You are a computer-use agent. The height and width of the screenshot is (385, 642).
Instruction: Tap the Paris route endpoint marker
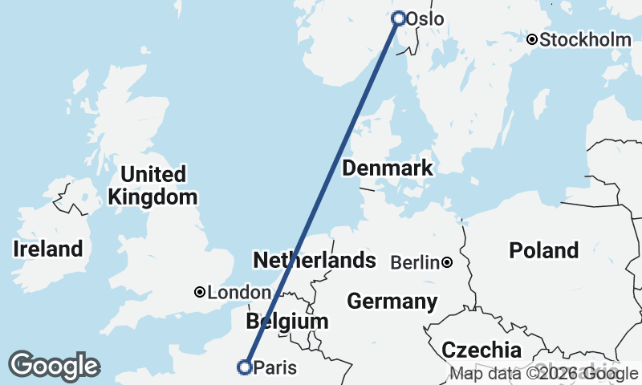(x=245, y=367)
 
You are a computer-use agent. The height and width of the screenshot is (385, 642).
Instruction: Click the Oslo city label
(x=425, y=18)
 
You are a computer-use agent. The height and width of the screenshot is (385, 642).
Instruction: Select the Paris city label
(x=274, y=368)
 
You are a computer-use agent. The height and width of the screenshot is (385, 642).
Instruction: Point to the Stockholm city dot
(x=531, y=39)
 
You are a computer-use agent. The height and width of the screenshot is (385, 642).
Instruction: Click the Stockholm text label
(x=586, y=40)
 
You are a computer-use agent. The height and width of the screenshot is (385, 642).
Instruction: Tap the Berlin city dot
(x=447, y=262)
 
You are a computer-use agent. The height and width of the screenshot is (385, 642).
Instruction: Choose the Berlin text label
(x=414, y=262)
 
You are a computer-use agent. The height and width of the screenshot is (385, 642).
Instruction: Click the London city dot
(x=200, y=293)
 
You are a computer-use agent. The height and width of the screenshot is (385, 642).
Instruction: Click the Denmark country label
(x=388, y=168)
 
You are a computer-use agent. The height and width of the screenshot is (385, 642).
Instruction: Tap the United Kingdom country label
(x=153, y=185)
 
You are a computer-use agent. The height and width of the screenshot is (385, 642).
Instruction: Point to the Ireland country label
(x=48, y=249)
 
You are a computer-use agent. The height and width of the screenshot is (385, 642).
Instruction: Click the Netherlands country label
(x=315, y=260)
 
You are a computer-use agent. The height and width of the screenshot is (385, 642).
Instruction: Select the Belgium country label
(x=288, y=322)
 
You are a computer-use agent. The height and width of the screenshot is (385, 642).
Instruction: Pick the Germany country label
(x=392, y=302)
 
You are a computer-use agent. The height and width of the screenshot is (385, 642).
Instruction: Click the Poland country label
(x=543, y=250)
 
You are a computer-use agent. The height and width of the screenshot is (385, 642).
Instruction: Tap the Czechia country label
(x=481, y=350)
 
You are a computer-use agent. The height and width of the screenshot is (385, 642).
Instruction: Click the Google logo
(x=54, y=366)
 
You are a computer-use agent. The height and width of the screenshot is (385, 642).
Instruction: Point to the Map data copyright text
(x=544, y=374)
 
